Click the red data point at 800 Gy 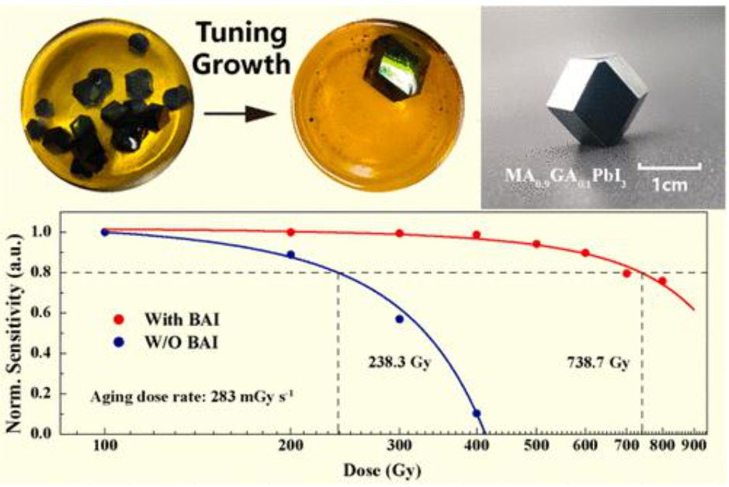click(662, 280)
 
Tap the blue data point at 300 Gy click(400, 319)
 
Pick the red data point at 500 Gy click(536, 244)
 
